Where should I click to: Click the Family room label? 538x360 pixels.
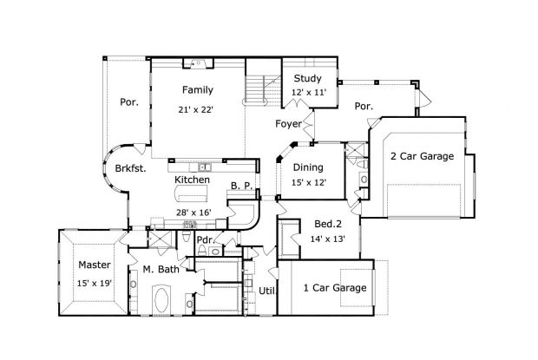[198, 89]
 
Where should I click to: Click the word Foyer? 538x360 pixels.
[288, 123]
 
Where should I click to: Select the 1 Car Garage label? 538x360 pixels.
[334, 288]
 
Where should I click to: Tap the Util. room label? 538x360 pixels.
[267, 291]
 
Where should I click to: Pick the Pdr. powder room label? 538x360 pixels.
[205, 239]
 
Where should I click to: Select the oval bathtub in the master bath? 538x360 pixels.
[161, 304]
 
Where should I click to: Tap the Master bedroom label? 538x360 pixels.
[93, 265]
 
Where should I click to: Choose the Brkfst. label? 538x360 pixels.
[129, 170]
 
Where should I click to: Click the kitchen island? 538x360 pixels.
[194, 199]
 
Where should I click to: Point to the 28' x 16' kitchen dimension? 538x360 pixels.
[194, 213]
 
